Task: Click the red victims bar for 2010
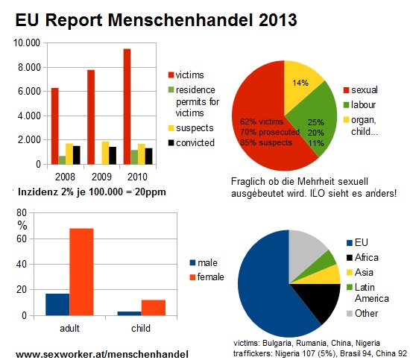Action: (127, 107)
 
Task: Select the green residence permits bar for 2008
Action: (62, 160)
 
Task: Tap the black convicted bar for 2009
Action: (113, 156)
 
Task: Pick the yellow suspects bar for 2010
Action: (142, 154)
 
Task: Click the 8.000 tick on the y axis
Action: (29, 67)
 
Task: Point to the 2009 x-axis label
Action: (101, 177)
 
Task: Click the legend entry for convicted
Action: (192, 143)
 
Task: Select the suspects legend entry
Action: (191, 128)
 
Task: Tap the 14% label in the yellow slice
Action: (300, 83)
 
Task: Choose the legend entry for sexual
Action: (361, 90)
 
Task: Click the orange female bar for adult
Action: (81, 272)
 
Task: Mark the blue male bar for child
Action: (130, 314)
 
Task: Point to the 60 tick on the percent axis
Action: (21, 239)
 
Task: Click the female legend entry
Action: (206, 277)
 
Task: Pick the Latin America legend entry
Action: (368, 293)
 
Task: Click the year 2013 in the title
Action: (278, 20)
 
